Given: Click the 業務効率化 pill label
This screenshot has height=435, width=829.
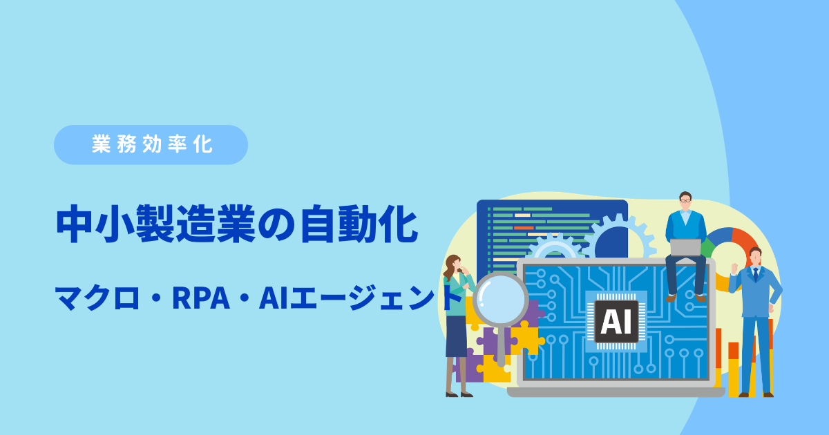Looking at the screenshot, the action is pyautogui.click(x=151, y=144).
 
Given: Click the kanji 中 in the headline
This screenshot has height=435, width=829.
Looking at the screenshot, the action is pyautogui.click(x=74, y=224).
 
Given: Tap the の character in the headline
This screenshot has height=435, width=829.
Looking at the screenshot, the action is pyautogui.click(x=276, y=224).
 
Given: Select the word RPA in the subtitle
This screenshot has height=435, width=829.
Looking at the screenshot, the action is pyautogui.click(x=201, y=298).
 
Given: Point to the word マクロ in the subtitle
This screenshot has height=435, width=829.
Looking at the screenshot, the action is pyautogui.click(x=97, y=298).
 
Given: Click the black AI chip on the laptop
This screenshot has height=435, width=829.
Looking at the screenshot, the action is pyautogui.click(x=616, y=321).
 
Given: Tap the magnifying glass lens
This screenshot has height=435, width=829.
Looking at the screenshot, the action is pyautogui.click(x=501, y=299).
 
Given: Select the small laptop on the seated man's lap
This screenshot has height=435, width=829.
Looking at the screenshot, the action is pyautogui.click(x=685, y=247).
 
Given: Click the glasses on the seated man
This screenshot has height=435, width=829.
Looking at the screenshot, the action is pyautogui.click(x=685, y=201).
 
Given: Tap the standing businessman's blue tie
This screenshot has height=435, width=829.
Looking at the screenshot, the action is pyautogui.click(x=755, y=275).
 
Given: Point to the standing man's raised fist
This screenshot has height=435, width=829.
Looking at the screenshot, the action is pyautogui.click(x=734, y=268).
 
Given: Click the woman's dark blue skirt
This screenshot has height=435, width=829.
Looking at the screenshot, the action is pyautogui.click(x=456, y=336).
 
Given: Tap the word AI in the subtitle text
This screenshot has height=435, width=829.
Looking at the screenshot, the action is pyautogui.click(x=274, y=298).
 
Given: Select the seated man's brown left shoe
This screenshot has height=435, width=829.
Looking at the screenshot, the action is pyautogui.click(x=671, y=298).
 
